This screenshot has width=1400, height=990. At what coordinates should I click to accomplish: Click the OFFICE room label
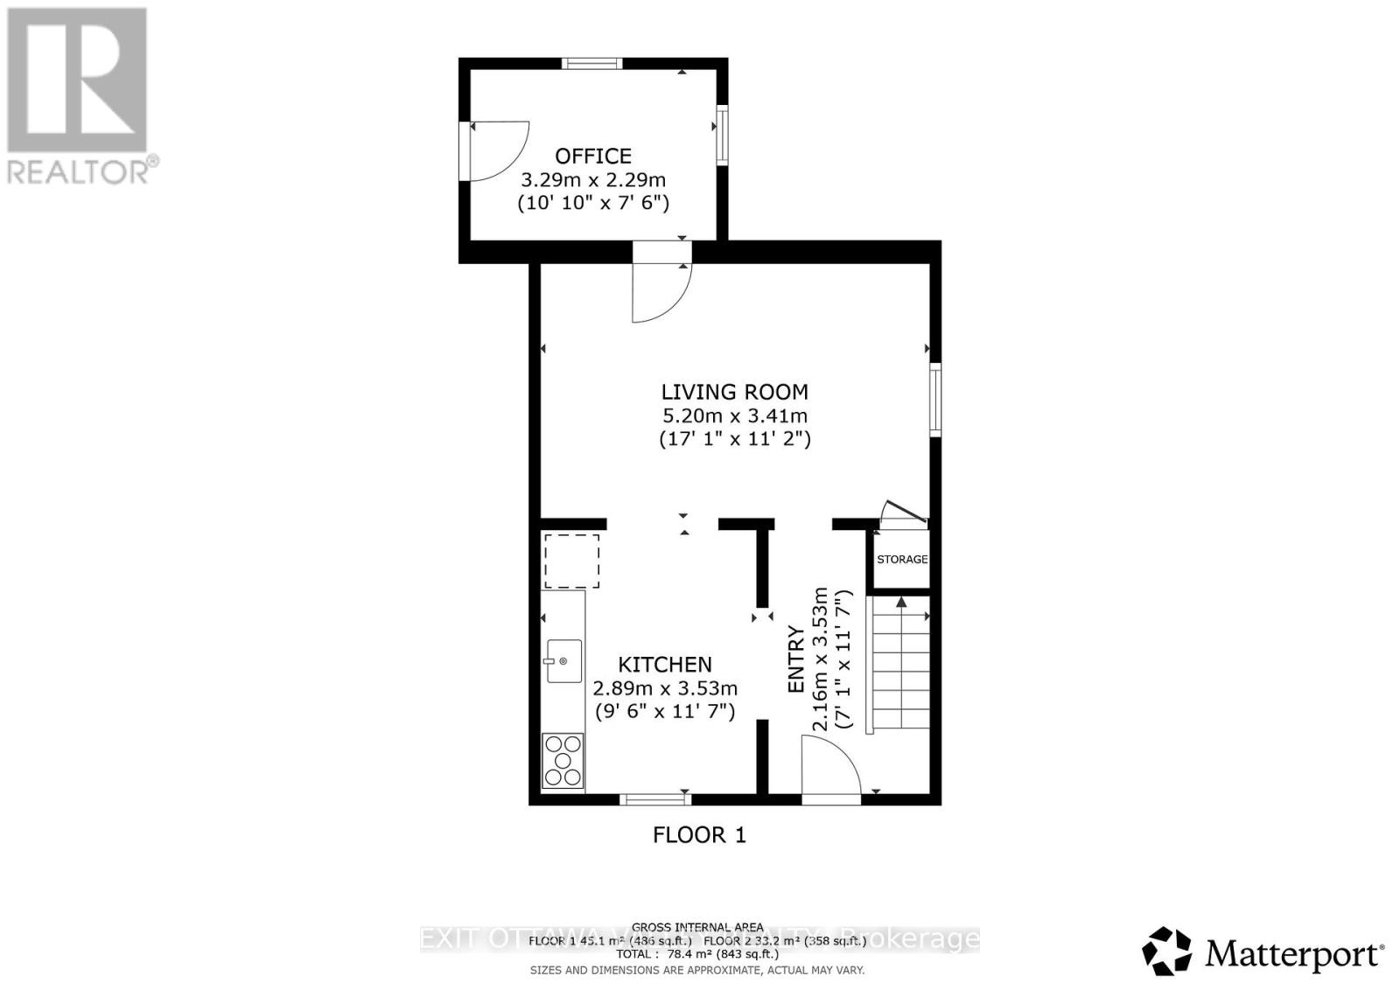(593, 157)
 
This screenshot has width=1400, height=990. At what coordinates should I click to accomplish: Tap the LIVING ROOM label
(734, 392)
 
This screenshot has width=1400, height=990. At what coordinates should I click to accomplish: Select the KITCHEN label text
(665, 665)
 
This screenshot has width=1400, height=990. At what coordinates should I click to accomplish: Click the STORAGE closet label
(902, 559)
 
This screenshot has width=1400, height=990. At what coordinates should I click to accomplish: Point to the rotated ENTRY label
(796, 659)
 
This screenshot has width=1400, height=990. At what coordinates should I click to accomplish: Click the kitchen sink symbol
(563, 660)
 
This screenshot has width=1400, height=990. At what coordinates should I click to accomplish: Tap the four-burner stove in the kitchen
(563, 760)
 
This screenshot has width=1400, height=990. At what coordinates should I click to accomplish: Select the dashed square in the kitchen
(572, 561)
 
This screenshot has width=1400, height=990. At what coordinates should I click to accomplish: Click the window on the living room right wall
(935, 399)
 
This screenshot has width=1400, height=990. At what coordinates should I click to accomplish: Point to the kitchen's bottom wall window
(654, 798)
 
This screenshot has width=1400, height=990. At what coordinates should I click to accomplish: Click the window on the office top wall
(591, 63)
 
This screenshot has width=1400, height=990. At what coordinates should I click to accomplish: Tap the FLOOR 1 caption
(699, 835)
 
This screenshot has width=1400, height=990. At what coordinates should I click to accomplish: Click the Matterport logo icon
(1167, 951)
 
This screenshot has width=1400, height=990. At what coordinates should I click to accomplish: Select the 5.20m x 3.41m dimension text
(734, 416)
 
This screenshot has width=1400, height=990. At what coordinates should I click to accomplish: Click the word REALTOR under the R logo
(78, 171)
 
